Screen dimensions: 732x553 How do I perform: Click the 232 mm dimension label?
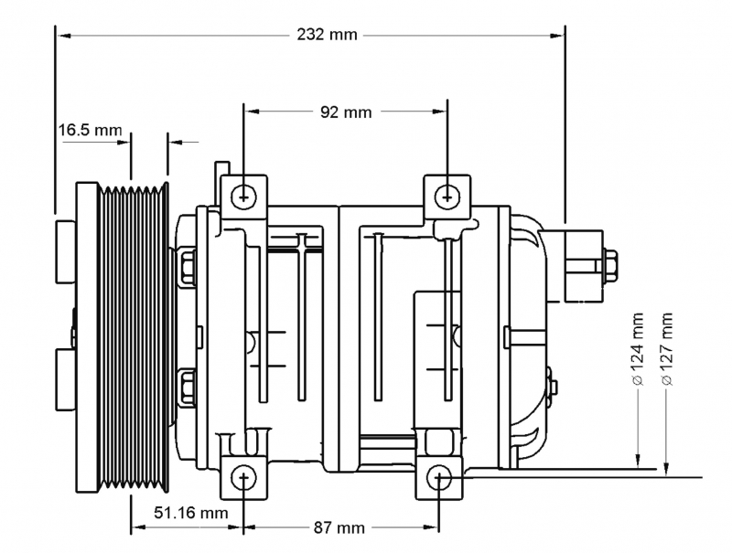[x=327, y=35]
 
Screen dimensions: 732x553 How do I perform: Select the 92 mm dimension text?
[x=346, y=112]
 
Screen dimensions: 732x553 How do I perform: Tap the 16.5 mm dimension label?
[x=90, y=130]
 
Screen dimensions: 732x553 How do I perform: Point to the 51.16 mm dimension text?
[x=191, y=513]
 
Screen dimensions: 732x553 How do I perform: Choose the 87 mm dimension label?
[x=339, y=527]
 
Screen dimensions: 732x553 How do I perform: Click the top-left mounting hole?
[x=243, y=197]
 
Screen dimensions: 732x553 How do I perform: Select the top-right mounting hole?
[x=447, y=197]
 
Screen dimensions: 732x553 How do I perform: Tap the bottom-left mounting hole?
[x=243, y=477]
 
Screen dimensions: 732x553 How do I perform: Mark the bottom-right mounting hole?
[x=439, y=477]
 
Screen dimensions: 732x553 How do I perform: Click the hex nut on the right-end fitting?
[x=610, y=266]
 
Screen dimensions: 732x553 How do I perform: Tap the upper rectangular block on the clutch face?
[x=65, y=251]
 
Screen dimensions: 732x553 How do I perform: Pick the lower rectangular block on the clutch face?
[x=65, y=379]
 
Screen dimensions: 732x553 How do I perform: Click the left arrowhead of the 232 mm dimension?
[x=63, y=36]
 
